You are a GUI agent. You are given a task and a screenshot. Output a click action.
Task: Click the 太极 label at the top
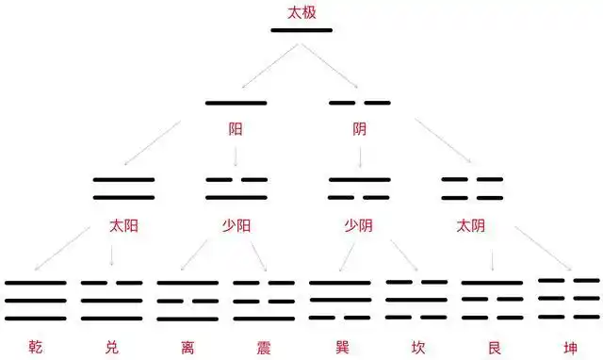pos(301,13)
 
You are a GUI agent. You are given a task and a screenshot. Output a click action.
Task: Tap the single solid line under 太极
pos(301,30)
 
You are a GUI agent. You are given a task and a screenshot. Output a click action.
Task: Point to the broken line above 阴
pos(359,103)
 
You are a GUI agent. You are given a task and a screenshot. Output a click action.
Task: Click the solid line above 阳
pos(236,103)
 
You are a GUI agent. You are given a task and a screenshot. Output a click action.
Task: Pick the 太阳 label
pos(123,226)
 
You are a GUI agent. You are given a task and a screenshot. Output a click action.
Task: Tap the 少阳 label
pos(236,226)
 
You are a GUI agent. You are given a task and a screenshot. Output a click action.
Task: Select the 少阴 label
pos(359,226)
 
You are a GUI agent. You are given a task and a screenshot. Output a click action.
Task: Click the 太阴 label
pos(471,226)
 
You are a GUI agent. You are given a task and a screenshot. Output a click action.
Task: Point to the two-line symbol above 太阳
pos(123,188)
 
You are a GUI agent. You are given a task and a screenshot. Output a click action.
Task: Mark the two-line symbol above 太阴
pos(472,188)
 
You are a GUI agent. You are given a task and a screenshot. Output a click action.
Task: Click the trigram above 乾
pos(36,300)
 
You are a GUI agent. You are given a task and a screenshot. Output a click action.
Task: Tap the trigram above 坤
pos(568,298)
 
